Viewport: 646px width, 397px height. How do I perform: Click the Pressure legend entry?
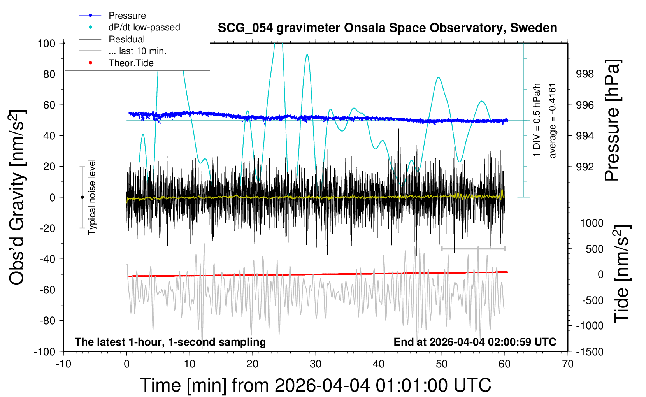112,15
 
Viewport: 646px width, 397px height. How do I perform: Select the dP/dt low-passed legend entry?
130,27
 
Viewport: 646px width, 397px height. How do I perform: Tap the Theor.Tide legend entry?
116,63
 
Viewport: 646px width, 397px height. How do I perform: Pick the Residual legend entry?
112,39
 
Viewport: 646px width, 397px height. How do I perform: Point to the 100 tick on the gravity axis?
46,43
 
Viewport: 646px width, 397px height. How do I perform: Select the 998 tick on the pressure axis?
585,74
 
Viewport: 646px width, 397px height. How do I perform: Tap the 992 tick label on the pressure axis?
585,167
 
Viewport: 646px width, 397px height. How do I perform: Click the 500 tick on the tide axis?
594,249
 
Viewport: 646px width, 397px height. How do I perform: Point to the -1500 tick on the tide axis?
590,352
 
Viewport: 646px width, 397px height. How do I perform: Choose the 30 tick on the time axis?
316,364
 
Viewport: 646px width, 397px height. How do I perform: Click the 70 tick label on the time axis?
567,364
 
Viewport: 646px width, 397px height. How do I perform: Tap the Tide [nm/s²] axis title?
622,274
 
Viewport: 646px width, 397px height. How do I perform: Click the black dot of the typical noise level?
82,197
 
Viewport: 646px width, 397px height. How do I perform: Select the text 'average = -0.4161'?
552,121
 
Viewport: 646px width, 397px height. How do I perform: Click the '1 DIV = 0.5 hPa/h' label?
536,120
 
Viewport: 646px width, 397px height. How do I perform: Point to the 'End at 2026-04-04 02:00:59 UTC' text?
475,342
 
